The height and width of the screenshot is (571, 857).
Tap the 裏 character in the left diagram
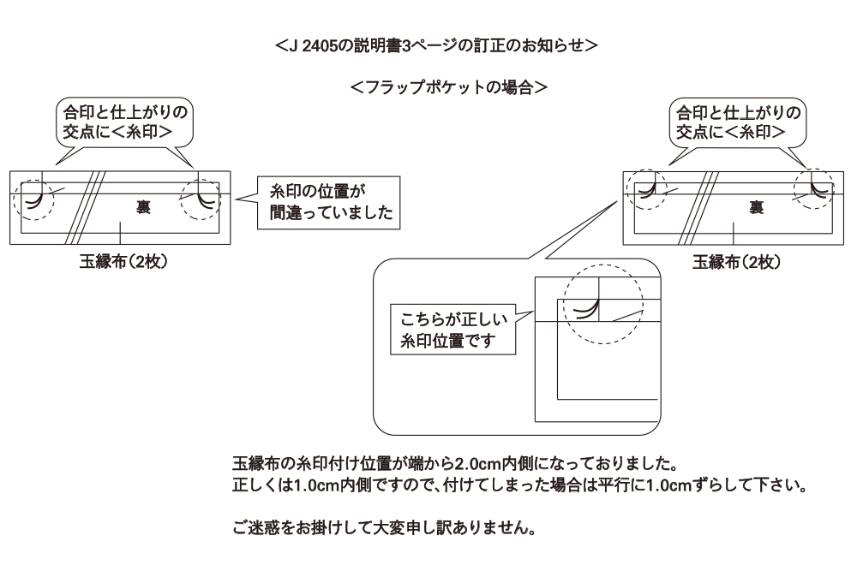(145, 205)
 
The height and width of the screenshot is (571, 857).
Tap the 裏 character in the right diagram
(757, 205)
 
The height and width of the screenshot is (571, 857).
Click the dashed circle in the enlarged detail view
(598, 297)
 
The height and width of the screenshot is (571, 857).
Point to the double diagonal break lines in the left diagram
(91, 208)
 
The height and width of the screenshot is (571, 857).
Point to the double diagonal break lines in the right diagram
(704, 208)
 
